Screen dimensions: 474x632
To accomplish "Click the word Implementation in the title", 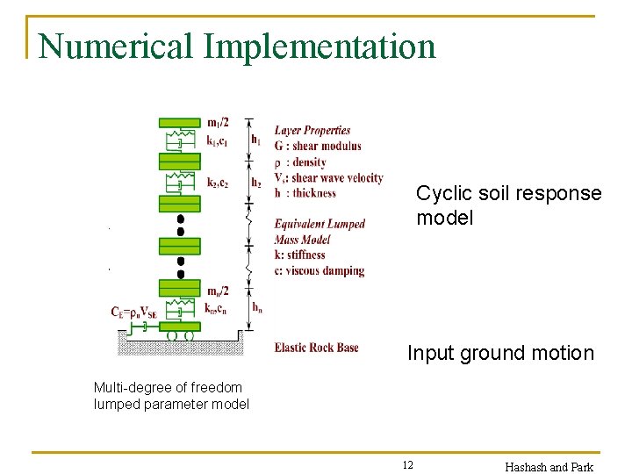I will (320, 46).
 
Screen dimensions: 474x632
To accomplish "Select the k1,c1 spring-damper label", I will (218, 140).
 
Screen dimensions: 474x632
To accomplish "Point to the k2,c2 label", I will (219, 183).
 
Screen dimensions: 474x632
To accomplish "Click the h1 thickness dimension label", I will (255, 139).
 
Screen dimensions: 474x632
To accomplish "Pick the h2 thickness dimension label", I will (255, 183).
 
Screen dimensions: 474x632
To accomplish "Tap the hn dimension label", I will (256, 307).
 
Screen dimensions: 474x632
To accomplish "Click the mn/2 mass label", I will (219, 291).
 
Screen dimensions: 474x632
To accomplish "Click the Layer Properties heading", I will (312, 131).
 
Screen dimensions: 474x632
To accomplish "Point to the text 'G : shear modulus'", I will (317, 146).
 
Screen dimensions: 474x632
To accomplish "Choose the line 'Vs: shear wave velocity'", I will (328, 177).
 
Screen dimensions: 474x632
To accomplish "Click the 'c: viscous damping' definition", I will (319, 271).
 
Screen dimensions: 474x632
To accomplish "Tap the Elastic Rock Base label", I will (316, 348).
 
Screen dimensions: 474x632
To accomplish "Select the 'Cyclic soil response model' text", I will (508, 205).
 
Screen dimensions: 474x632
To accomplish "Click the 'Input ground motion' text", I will (500, 353).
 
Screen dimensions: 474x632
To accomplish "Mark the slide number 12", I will (408, 465).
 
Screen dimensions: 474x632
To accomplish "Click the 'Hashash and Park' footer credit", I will (549, 466).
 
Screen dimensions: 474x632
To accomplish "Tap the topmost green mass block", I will (179, 122).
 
